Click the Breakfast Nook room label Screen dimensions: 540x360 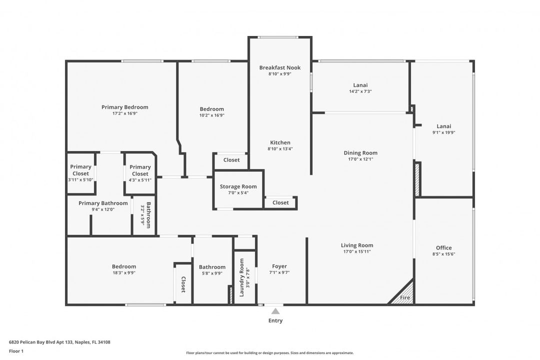point(280,67)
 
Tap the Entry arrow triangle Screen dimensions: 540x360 point(275,311)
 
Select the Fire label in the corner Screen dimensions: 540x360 point(405,297)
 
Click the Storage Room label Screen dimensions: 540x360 point(238,186)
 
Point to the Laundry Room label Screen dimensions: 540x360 point(241,277)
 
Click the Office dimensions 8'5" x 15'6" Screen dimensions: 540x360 point(444,254)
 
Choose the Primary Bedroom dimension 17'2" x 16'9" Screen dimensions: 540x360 point(125,113)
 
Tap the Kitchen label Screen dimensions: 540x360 point(280,142)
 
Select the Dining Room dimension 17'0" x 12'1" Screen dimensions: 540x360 point(360,159)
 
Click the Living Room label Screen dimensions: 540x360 point(357,245)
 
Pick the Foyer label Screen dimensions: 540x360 point(279,266)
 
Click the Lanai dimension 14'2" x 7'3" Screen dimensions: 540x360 point(360,91)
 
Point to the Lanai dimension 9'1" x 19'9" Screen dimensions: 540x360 point(444,132)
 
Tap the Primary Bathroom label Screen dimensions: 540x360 point(103,203)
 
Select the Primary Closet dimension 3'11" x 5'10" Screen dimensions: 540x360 point(80,180)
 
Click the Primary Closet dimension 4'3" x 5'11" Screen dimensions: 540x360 point(140,180)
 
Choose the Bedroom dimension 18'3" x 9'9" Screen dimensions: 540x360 point(124,273)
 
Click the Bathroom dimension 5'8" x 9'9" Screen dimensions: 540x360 point(212,273)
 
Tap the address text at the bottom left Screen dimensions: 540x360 point(59,342)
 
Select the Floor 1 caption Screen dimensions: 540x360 point(16,351)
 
